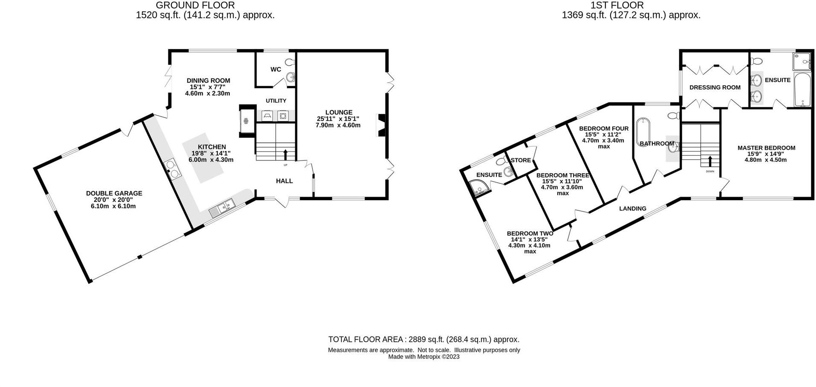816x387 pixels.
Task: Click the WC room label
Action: coord(276,69)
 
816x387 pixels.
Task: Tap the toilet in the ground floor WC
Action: coord(290,62)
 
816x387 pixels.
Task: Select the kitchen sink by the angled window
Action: coord(222,208)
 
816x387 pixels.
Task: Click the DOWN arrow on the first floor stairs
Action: coord(710,161)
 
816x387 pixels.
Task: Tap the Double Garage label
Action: coord(114,193)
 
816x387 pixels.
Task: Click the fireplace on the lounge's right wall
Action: coord(381,125)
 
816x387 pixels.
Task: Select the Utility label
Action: coord(276,101)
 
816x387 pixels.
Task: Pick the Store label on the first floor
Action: coord(521,160)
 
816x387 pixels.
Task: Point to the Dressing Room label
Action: coord(715,87)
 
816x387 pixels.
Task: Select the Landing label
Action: coord(633,209)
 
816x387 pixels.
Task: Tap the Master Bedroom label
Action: coord(767,148)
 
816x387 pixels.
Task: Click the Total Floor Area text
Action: coord(424,340)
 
